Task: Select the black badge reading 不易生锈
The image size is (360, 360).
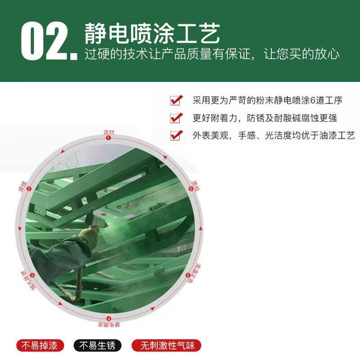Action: click(98, 346)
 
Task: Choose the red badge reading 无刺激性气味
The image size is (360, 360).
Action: click(167, 346)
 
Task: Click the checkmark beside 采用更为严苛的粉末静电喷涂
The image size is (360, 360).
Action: click(175, 100)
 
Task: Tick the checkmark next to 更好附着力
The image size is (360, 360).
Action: click(175, 118)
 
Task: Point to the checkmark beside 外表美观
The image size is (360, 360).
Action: click(175, 135)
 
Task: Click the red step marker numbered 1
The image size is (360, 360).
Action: click(108, 138)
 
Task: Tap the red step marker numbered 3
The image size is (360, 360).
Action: click(32, 275)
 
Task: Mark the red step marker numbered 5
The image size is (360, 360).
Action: click(188, 275)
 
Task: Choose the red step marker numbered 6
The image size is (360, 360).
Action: click(190, 189)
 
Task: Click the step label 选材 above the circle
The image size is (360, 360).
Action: click(109, 132)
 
